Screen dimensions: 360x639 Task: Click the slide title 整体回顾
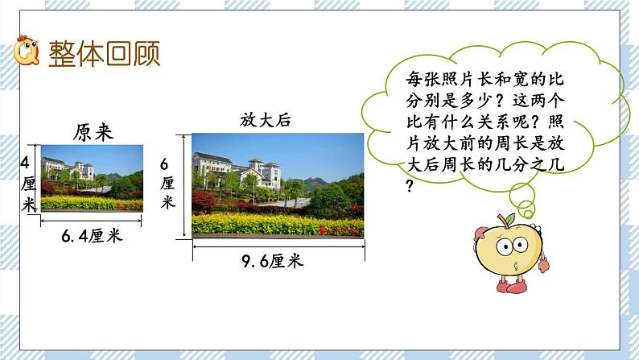(104, 54)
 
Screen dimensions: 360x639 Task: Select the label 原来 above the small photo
(92, 131)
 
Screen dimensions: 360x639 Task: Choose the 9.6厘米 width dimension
(278, 261)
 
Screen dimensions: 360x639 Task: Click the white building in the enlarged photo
(241, 173)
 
